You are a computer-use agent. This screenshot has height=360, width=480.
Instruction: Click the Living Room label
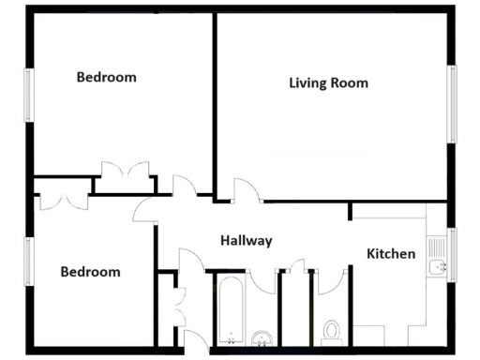[328, 82]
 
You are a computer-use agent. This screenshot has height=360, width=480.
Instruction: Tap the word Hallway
[246, 241]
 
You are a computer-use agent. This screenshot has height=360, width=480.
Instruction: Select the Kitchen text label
[391, 253]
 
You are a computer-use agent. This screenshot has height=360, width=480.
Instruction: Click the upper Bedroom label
[106, 77]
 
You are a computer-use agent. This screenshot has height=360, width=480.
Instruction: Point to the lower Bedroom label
[90, 272]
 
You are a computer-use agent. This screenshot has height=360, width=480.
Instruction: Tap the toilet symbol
[330, 330]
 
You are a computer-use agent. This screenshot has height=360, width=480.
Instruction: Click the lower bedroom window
[28, 262]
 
